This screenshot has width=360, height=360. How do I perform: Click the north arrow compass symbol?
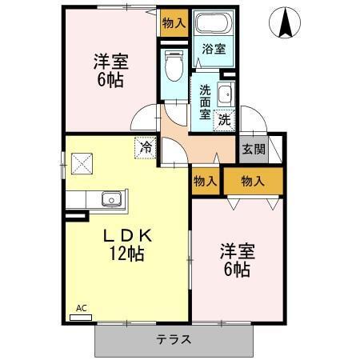(x=286, y=24)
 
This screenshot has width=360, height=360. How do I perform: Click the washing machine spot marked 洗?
(x=225, y=120)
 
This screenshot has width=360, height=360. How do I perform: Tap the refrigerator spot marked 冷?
(x=145, y=147)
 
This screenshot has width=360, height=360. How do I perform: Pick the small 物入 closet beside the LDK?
(x=206, y=181)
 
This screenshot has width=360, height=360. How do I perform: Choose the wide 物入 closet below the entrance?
(x=252, y=181)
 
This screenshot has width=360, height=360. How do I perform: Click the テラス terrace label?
(x=174, y=339)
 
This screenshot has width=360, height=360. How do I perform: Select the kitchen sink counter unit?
(x=96, y=200)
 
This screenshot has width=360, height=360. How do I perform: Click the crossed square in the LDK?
(x=82, y=164)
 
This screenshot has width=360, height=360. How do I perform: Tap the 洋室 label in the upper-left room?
(x=111, y=62)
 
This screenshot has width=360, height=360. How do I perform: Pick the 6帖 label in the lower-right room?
(x=236, y=270)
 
